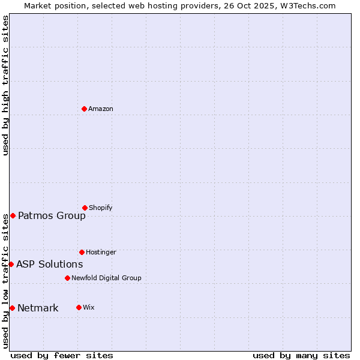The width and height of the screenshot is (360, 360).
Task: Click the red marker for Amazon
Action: (84, 109)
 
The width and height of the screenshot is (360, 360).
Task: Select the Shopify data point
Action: (85, 208)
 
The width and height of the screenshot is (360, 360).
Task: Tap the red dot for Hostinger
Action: (82, 252)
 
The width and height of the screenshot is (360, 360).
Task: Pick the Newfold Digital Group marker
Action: (67, 278)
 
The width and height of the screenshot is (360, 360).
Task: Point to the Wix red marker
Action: (79, 307)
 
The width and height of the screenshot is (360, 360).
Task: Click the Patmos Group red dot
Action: (13, 215)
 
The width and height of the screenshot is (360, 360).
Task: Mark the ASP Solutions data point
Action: (11, 264)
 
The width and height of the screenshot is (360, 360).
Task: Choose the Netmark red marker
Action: (12, 308)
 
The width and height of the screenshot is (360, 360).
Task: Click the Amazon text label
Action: (101, 109)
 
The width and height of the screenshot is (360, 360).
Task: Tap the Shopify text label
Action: (101, 208)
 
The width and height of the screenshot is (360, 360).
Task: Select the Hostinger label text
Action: (101, 252)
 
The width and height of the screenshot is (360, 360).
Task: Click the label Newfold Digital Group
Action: (106, 278)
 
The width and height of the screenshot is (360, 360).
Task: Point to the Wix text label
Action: (89, 307)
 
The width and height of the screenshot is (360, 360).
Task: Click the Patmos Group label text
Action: (52, 216)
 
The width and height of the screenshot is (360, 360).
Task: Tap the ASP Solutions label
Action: (49, 264)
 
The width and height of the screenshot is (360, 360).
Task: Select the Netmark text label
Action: (38, 308)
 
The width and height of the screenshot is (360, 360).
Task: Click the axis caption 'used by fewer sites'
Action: (62, 355)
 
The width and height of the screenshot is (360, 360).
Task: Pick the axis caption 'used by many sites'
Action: (301, 355)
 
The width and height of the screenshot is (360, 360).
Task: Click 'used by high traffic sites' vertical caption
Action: (5, 85)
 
